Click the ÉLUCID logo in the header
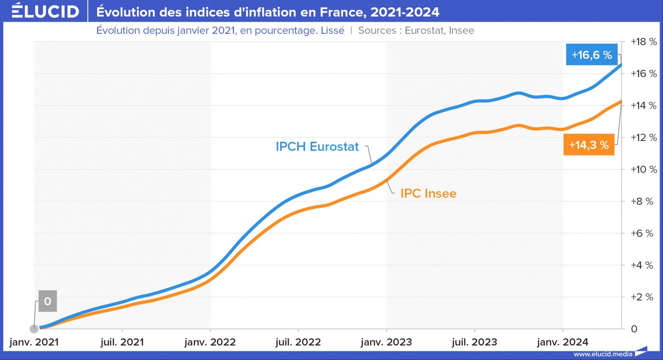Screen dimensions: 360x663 [45, 11]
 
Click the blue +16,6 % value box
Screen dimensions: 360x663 [591, 55]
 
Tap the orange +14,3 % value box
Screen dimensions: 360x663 [589, 145]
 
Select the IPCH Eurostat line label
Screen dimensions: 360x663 [317, 147]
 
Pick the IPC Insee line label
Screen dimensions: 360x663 [428, 193]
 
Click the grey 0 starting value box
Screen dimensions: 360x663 [48, 301]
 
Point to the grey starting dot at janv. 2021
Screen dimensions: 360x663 [34, 329]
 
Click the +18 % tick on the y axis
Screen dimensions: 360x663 [643, 42]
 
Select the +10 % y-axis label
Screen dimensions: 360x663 [643, 170]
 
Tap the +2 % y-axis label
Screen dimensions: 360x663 [641, 297]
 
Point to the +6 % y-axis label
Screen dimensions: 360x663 [641, 233]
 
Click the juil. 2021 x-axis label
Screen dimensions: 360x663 [122, 342]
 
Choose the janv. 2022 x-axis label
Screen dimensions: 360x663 [210, 342]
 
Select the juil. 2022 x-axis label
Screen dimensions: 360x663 [298, 342]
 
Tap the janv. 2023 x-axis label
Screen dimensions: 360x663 [386, 342]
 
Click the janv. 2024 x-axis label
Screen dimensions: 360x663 [562, 342]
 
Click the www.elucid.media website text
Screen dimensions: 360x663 [602, 354]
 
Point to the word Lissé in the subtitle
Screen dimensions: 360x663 [332, 30]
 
